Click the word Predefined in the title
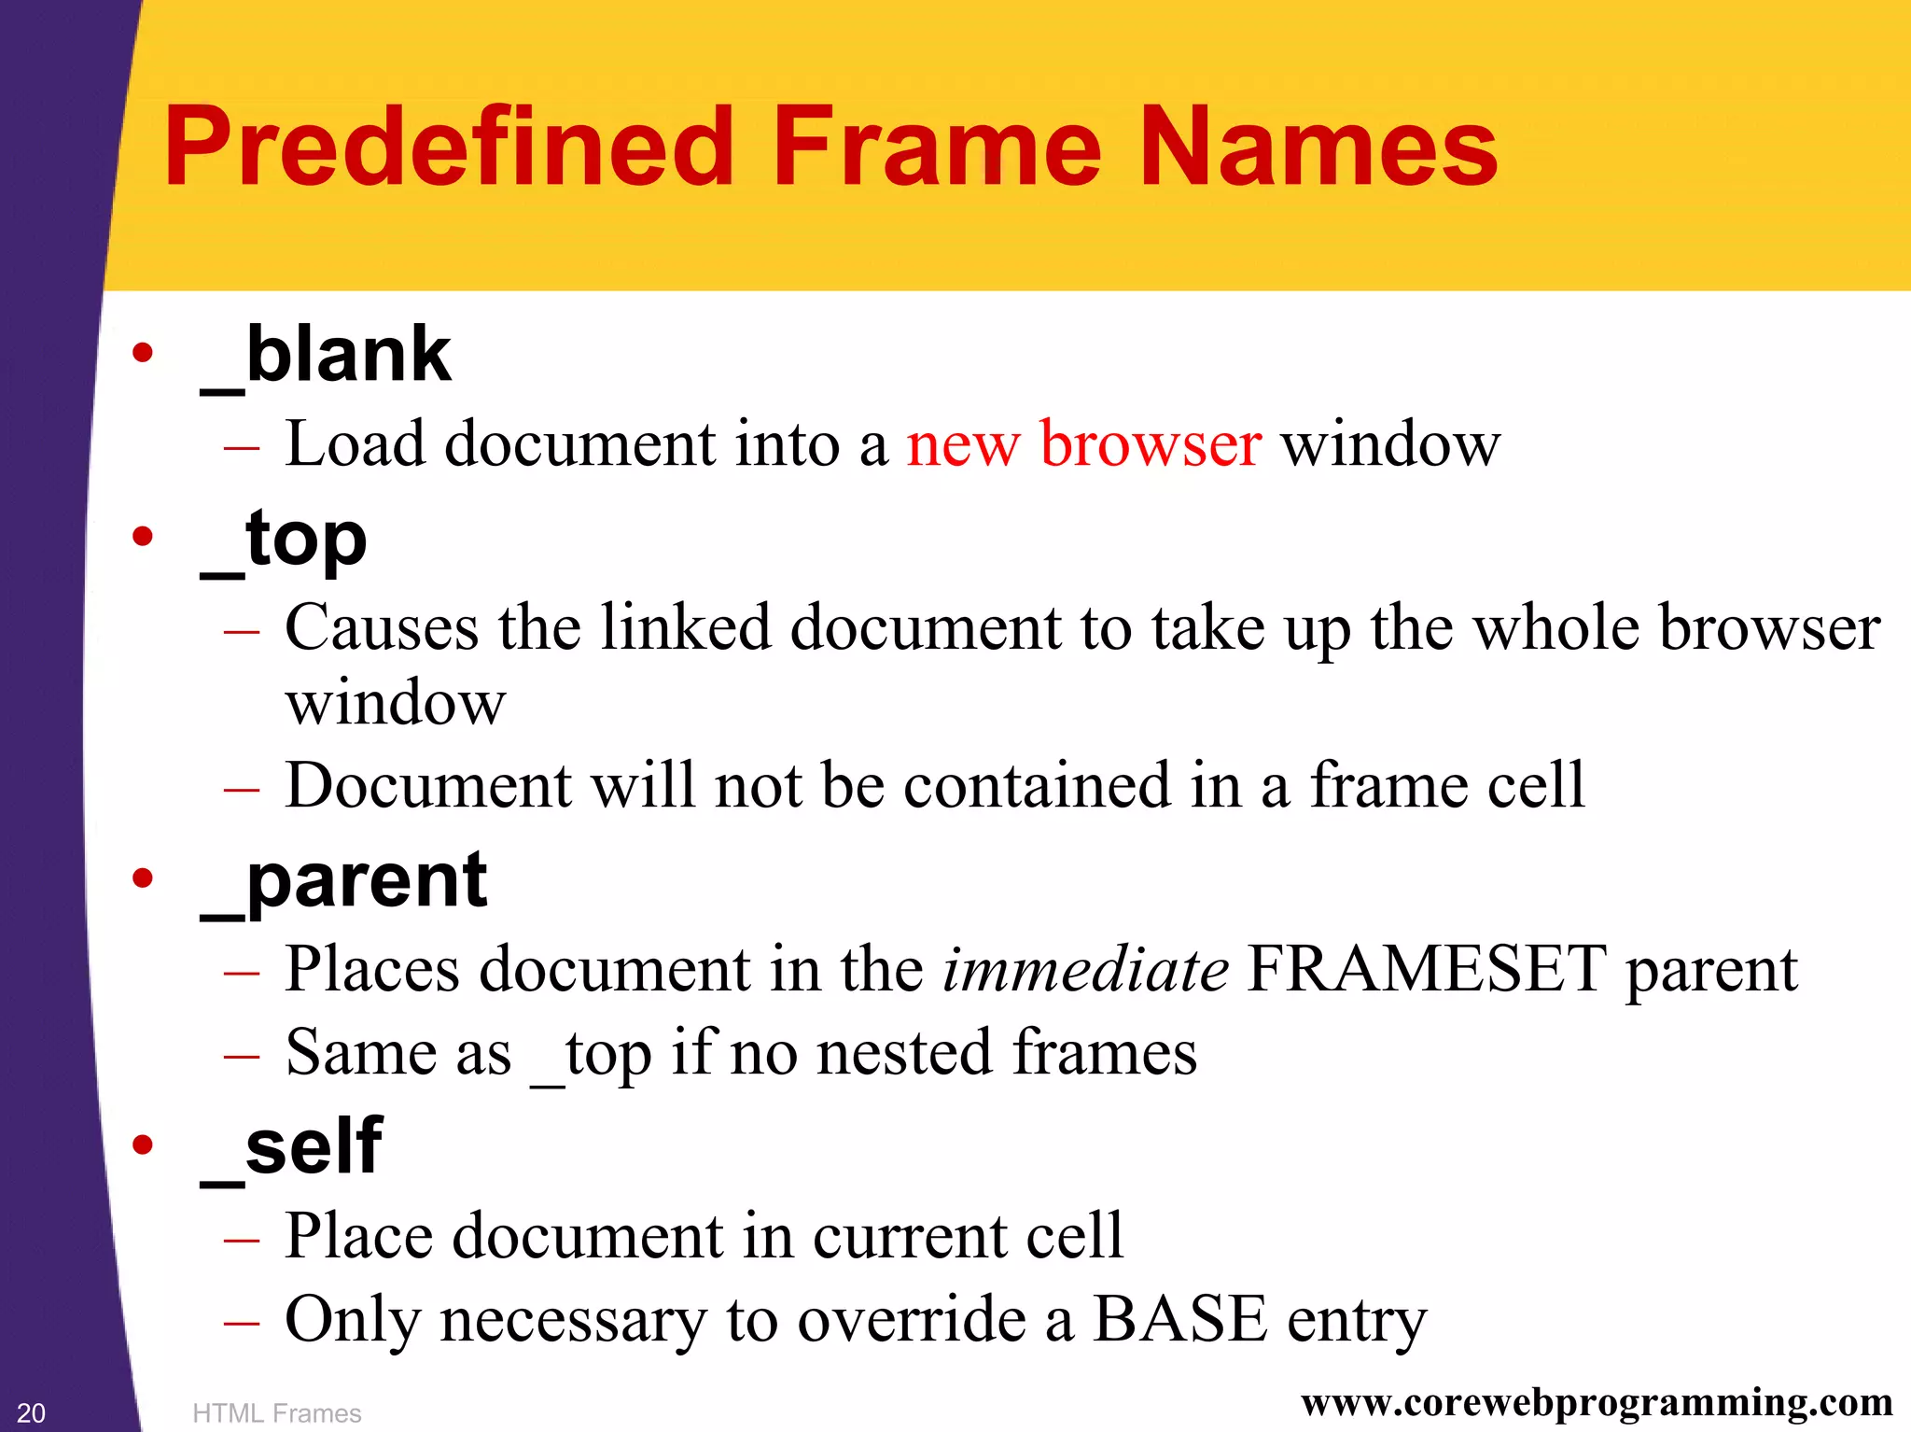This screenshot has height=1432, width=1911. pyautogui.click(x=448, y=147)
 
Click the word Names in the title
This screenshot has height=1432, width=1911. pyautogui.click(x=1318, y=147)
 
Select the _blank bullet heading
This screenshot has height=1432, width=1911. pyautogui.click(x=326, y=357)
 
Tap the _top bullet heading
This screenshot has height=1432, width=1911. pyautogui.click(x=284, y=541)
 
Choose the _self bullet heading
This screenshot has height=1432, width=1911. pyautogui.click(x=291, y=1148)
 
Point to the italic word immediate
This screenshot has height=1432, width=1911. pyautogui.click(x=1085, y=969)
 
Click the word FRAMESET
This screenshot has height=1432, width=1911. pyautogui.click(x=1427, y=969)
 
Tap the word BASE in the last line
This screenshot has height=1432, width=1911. pyautogui.click(x=1179, y=1319)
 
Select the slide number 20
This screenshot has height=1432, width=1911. pyautogui.click(x=31, y=1412)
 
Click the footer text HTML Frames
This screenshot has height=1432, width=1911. pyautogui.click(x=276, y=1413)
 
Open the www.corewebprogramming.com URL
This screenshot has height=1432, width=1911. pyautogui.click(x=1597, y=1402)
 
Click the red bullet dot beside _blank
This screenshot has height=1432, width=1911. pyautogui.click(x=143, y=353)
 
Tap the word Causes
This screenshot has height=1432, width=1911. pyautogui.click(x=381, y=627)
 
